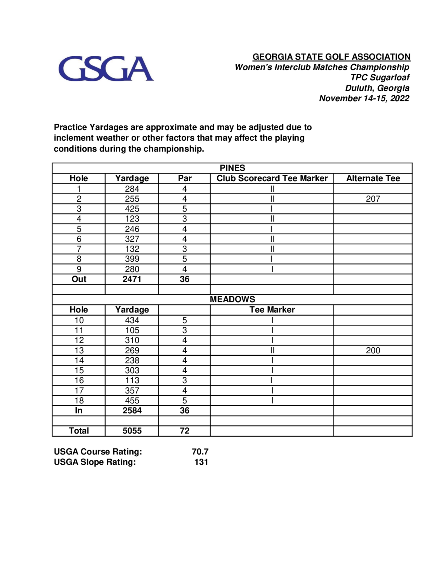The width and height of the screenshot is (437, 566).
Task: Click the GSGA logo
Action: pyautogui.click(x=106, y=69)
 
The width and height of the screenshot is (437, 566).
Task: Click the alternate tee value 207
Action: pyautogui.click(x=373, y=199)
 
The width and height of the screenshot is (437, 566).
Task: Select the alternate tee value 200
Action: pyautogui.click(x=373, y=350)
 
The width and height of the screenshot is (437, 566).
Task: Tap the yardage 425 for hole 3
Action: pyautogui.click(x=132, y=209)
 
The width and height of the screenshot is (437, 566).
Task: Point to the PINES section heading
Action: pyautogui.click(x=232, y=168)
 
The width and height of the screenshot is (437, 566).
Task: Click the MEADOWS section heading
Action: pyautogui.click(x=232, y=299)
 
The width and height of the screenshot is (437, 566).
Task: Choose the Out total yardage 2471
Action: pyautogui.click(x=132, y=279)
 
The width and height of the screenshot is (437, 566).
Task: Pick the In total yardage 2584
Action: pyautogui.click(x=132, y=411)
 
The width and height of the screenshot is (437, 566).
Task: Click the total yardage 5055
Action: pyautogui.click(x=132, y=431)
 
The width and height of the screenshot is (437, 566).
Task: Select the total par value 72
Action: pyautogui.click(x=185, y=431)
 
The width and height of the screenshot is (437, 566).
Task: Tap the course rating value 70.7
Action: pyautogui.click(x=200, y=451)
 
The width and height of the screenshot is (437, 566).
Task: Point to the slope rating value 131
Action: pyautogui.click(x=201, y=462)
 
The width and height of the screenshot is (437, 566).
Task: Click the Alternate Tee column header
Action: pyautogui.click(x=373, y=178)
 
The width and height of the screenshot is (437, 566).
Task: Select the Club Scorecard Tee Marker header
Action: pyautogui.click(x=272, y=178)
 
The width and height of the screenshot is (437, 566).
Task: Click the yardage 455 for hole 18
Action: pyautogui.click(x=132, y=400)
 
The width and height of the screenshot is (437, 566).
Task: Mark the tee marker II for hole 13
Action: pyautogui.click(x=272, y=350)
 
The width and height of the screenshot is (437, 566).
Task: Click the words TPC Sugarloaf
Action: pyautogui.click(x=380, y=77)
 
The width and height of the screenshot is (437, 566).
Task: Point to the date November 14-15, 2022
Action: pyautogui.click(x=364, y=98)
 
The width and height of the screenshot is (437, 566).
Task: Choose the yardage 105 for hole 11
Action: pyautogui.click(x=132, y=330)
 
